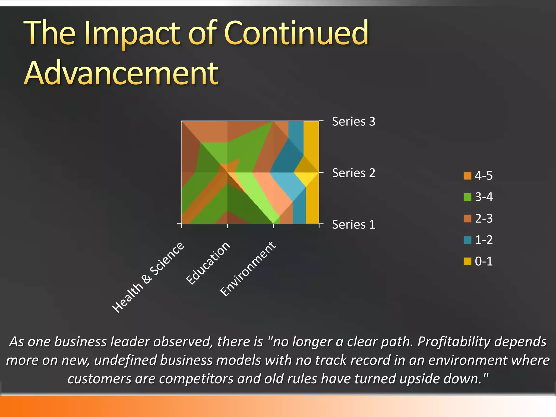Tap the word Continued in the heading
click(296, 33)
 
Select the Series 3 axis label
click(353, 121)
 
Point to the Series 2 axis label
click(353, 173)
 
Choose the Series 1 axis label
click(353, 225)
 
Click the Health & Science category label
click(148, 277)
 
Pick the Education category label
click(208, 263)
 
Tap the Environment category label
click(248, 268)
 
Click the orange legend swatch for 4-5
click(467, 176)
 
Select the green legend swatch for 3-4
click(467, 197)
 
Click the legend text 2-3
click(484, 218)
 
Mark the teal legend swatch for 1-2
click(467, 240)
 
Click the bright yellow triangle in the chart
click(306, 178)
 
